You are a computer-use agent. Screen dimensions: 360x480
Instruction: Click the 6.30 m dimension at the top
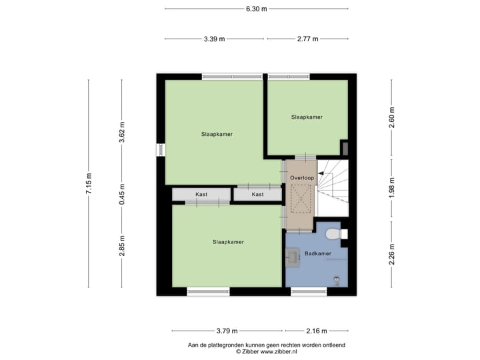(256, 9)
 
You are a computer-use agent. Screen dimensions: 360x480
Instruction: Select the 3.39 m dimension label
(215, 39)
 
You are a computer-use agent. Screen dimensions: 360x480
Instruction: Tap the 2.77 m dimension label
(307, 39)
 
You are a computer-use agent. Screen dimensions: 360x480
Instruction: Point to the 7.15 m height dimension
(88, 183)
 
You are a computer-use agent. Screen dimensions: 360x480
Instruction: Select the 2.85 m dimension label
(121, 247)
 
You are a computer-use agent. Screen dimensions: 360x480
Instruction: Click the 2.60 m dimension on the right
(392, 117)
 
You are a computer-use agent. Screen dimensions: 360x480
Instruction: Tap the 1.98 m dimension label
(392, 187)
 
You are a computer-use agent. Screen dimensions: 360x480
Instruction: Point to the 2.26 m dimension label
(392, 255)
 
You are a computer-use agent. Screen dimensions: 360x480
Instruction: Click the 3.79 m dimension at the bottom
(227, 331)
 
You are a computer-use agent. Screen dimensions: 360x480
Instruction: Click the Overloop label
(301, 178)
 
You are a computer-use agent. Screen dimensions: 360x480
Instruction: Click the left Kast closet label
(201, 195)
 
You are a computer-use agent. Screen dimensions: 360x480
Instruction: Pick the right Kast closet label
(257, 195)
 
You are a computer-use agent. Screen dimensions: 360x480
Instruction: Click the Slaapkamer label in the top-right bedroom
(307, 117)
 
